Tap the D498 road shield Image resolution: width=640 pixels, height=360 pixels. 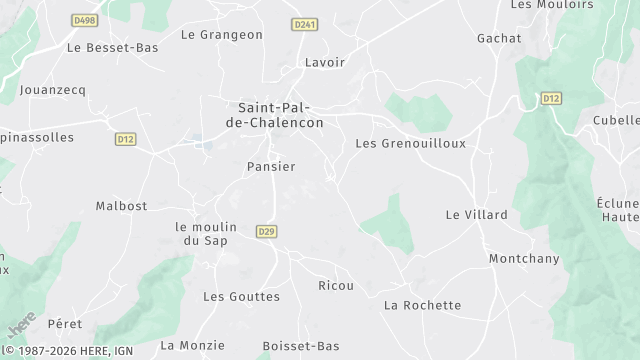coord(86,19)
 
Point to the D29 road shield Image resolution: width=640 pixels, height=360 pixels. coord(266,231)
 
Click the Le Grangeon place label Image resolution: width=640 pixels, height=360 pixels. coord(222,35)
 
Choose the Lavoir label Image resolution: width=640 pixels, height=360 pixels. coord(325,62)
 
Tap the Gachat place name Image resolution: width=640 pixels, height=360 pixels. coord(499,38)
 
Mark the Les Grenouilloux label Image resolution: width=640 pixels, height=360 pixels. coord(411,144)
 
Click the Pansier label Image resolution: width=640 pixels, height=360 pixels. coord(271,167)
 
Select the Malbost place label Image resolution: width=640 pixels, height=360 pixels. coord(121,206)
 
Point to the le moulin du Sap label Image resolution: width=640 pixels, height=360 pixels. coord(205,233)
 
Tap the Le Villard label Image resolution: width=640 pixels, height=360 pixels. coord(477,215)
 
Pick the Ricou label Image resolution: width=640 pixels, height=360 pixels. coord(336,286)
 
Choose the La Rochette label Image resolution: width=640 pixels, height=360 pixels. coord(423,305)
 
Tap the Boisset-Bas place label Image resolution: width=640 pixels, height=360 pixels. coord(301,346)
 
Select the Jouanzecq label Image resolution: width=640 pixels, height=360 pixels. coord(53,90)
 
